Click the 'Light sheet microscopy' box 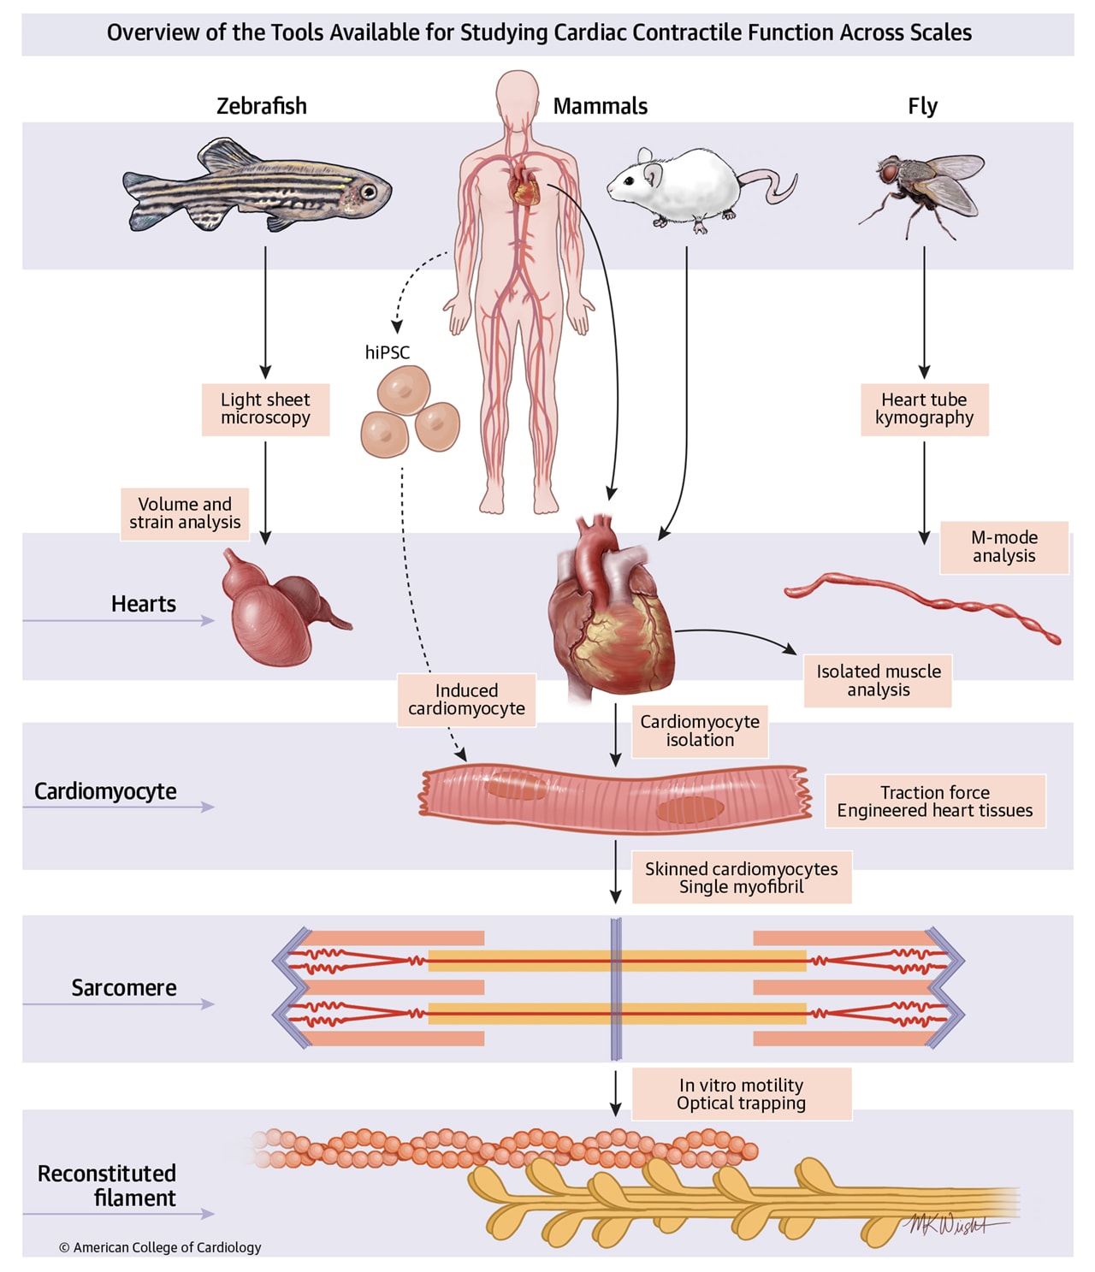pos(265,409)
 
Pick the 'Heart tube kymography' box pos(924,409)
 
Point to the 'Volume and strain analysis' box pos(185,513)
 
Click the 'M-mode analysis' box pos(1003,547)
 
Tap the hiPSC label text pos(388,352)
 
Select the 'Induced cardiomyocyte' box pos(466,700)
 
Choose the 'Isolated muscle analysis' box pos(878,681)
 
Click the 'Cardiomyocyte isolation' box pos(700,731)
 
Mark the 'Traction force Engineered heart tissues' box pos(934,802)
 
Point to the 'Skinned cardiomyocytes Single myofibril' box pos(741,878)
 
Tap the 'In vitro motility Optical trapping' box pos(741,1094)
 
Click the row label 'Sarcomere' pos(124,988)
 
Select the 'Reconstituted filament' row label pos(107,1186)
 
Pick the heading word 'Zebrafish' pos(261,106)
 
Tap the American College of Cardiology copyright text pos(160,1247)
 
